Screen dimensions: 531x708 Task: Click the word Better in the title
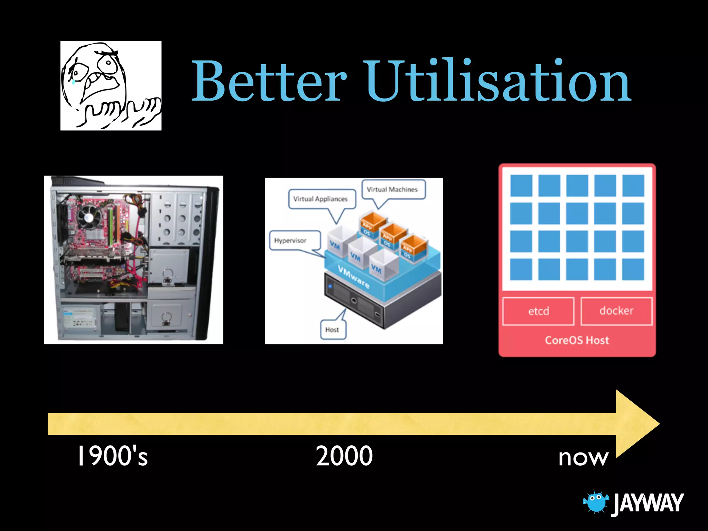[269, 81]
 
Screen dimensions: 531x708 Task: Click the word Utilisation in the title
[498, 81]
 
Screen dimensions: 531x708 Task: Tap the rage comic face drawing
[111, 86]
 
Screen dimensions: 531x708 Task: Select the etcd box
[538, 311]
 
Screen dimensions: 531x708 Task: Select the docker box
[616, 311]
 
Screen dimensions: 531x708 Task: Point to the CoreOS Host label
[577, 341]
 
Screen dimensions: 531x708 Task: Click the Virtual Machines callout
[392, 189]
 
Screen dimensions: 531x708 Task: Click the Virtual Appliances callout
[320, 199]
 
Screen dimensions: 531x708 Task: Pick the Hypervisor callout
[290, 241]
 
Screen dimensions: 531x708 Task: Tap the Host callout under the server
[332, 330]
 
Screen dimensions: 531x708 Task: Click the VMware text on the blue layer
[353, 277]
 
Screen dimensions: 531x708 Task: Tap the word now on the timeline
[583, 458]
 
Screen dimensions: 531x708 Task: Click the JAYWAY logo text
[648, 503]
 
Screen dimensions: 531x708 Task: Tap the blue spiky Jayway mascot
[595, 502]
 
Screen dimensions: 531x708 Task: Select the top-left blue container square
[521, 186]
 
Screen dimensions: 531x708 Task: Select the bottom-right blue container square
[633, 269]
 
